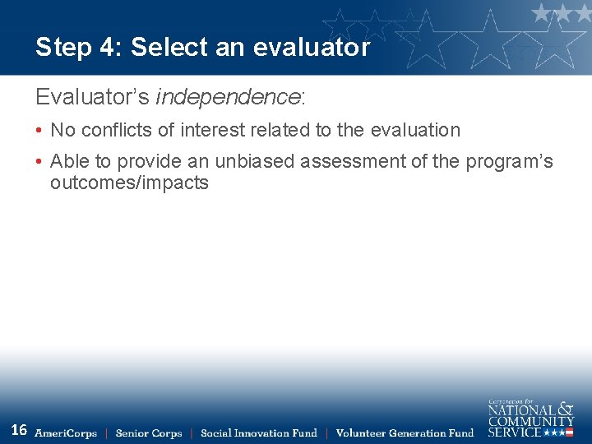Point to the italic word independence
click(x=228, y=97)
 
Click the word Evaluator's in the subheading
click(x=92, y=97)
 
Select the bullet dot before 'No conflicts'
click(x=39, y=131)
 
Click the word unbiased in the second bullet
click(x=254, y=162)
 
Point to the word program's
click(x=509, y=162)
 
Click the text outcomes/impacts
click(x=129, y=183)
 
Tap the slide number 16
click(x=19, y=430)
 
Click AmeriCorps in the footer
click(x=66, y=433)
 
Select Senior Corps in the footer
click(x=149, y=433)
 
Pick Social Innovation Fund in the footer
click(x=258, y=433)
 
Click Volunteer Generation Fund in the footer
click(x=405, y=433)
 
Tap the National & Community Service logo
click(x=530, y=419)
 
